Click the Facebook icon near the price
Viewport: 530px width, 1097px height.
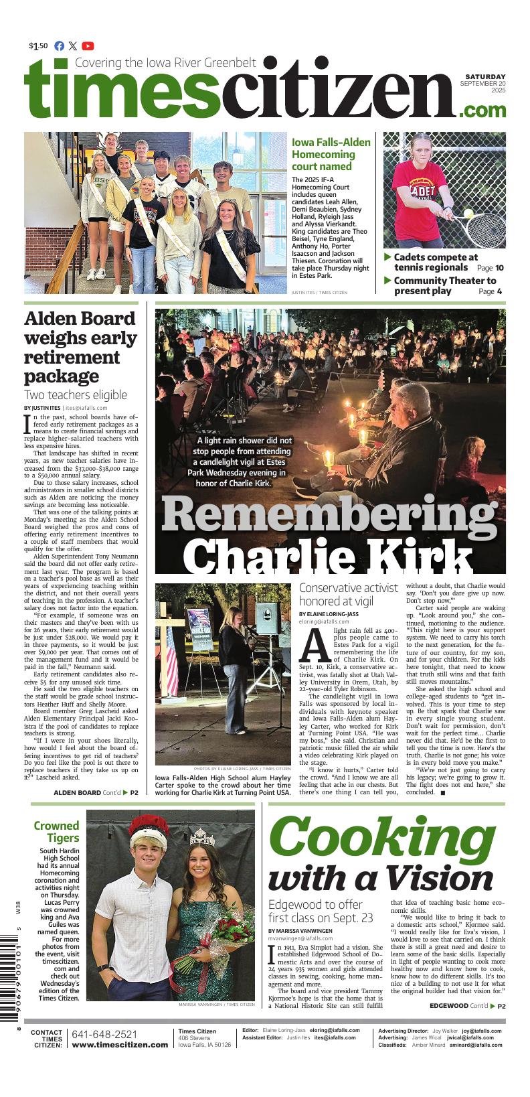click(59, 46)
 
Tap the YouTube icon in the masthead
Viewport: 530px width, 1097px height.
click(88, 46)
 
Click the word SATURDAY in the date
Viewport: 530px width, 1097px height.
click(485, 77)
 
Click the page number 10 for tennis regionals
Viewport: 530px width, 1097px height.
click(499, 268)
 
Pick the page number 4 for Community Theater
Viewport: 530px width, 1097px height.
click(499, 291)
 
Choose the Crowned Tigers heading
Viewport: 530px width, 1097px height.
click(57, 832)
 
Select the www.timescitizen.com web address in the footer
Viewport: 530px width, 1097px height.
click(120, 1045)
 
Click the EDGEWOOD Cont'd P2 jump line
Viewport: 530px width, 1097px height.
click(467, 1006)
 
